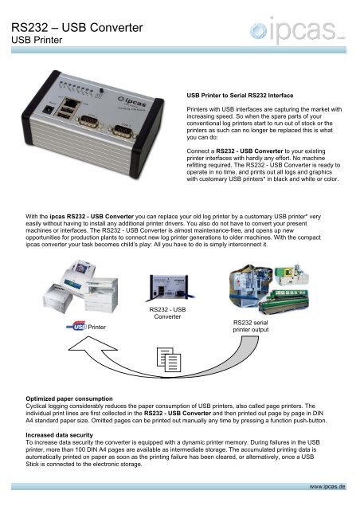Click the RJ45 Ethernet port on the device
[71, 107]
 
